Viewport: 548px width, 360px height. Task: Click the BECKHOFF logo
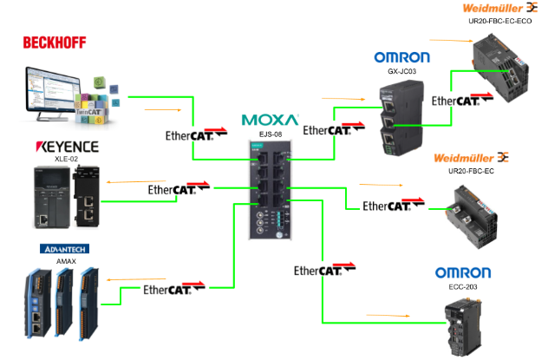point(55,42)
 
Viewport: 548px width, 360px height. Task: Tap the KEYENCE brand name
point(67,146)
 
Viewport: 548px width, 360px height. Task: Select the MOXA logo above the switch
point(271,119)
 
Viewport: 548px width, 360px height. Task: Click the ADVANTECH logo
point(66,249)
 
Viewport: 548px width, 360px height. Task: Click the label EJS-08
point(271,134)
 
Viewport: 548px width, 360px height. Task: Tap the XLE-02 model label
point(67,160)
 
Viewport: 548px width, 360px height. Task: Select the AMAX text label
point(66,261)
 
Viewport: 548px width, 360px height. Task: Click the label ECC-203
point(462,286)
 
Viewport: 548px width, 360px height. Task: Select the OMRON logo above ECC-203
point(462,272)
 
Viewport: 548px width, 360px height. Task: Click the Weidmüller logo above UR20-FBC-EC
point(473,158)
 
